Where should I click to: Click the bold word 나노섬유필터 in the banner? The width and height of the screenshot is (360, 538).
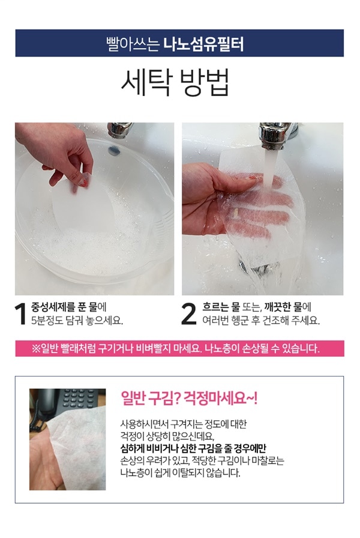click(203, 44)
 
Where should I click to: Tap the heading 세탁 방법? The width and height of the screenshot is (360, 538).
click(175, 82)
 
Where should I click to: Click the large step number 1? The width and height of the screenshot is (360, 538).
click(21, 313)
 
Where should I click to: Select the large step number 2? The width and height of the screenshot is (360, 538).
click(188, 313)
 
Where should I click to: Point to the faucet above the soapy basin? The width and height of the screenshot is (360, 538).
click(119, 130)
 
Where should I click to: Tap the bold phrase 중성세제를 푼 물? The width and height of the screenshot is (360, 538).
click(64, 306)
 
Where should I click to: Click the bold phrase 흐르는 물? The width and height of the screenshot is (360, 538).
click(221, 306)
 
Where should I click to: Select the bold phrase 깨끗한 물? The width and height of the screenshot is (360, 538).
click(284, 306)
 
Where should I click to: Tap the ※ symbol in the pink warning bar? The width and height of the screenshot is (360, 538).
click(35, 349)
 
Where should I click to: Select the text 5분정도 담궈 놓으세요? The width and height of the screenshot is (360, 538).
click(77, 321)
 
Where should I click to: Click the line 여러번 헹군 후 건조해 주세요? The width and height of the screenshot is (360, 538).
click(260, 321)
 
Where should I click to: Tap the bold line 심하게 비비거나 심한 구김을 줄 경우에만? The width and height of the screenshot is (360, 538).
click(193, 448)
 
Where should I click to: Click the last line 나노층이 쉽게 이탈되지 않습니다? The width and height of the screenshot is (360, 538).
click(181, 473)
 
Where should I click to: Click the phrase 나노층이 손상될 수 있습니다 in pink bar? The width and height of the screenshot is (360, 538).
click(262, 349)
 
